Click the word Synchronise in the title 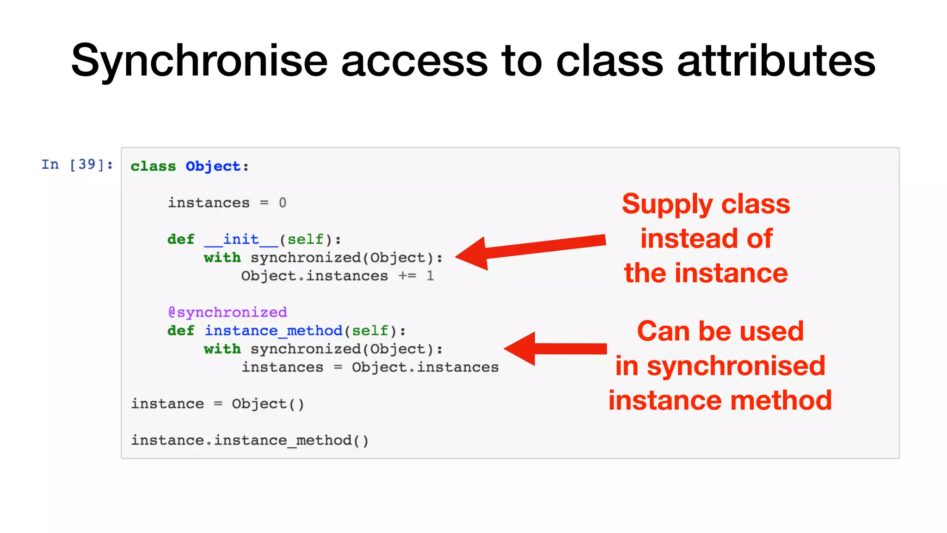tap(199, 62)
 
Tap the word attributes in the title tap(776, 62)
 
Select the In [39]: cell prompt tap(77, 165)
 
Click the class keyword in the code tap(153, 167)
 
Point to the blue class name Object tap(213, 167)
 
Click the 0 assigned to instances tap(283, 203)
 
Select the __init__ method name tap(241, 240)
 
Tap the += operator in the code tap(407, 276)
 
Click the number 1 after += tap(430, 276)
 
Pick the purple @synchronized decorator tap(228, 313)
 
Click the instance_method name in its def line tap(273, 331)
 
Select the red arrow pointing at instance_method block tap(555, 349)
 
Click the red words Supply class tap(706, 204)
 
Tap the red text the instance tap(706, 273)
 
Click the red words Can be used tap(720, 331)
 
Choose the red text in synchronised tap(720, 366)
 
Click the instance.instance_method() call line tap(250, 440)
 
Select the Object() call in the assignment tap(268, 404)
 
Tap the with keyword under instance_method tap(222, 349)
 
